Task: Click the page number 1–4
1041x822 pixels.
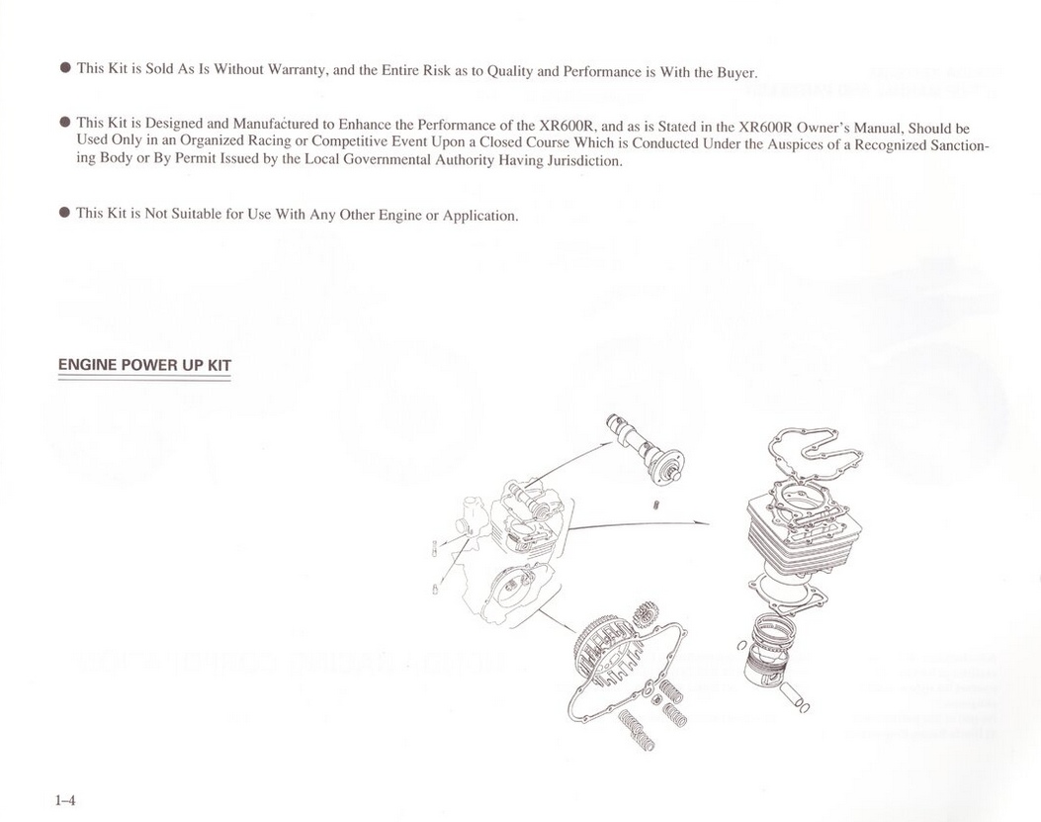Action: point(65,800)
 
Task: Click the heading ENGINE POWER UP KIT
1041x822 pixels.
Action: point(144,365)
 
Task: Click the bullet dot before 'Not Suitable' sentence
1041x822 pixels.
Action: point(64,212)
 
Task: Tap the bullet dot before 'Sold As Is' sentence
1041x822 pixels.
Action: point(65,68)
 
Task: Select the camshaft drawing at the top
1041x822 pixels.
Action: point(645,448)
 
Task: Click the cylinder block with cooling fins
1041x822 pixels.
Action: point(805,535)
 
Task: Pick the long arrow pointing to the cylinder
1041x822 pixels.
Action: point(639,523)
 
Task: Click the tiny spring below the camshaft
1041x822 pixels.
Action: point(655,505)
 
